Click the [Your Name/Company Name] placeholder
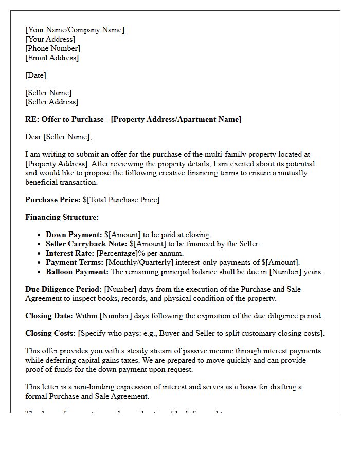(75, 30)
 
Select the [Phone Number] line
(52, 48)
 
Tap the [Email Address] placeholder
(52, 58)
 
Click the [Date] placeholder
(35, 75)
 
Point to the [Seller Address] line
(51, 102)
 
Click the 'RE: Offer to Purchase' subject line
(133, 119)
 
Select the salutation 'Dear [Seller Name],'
(58, 137)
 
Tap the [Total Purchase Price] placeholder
(123, 200)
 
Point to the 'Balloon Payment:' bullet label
(77, 272)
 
